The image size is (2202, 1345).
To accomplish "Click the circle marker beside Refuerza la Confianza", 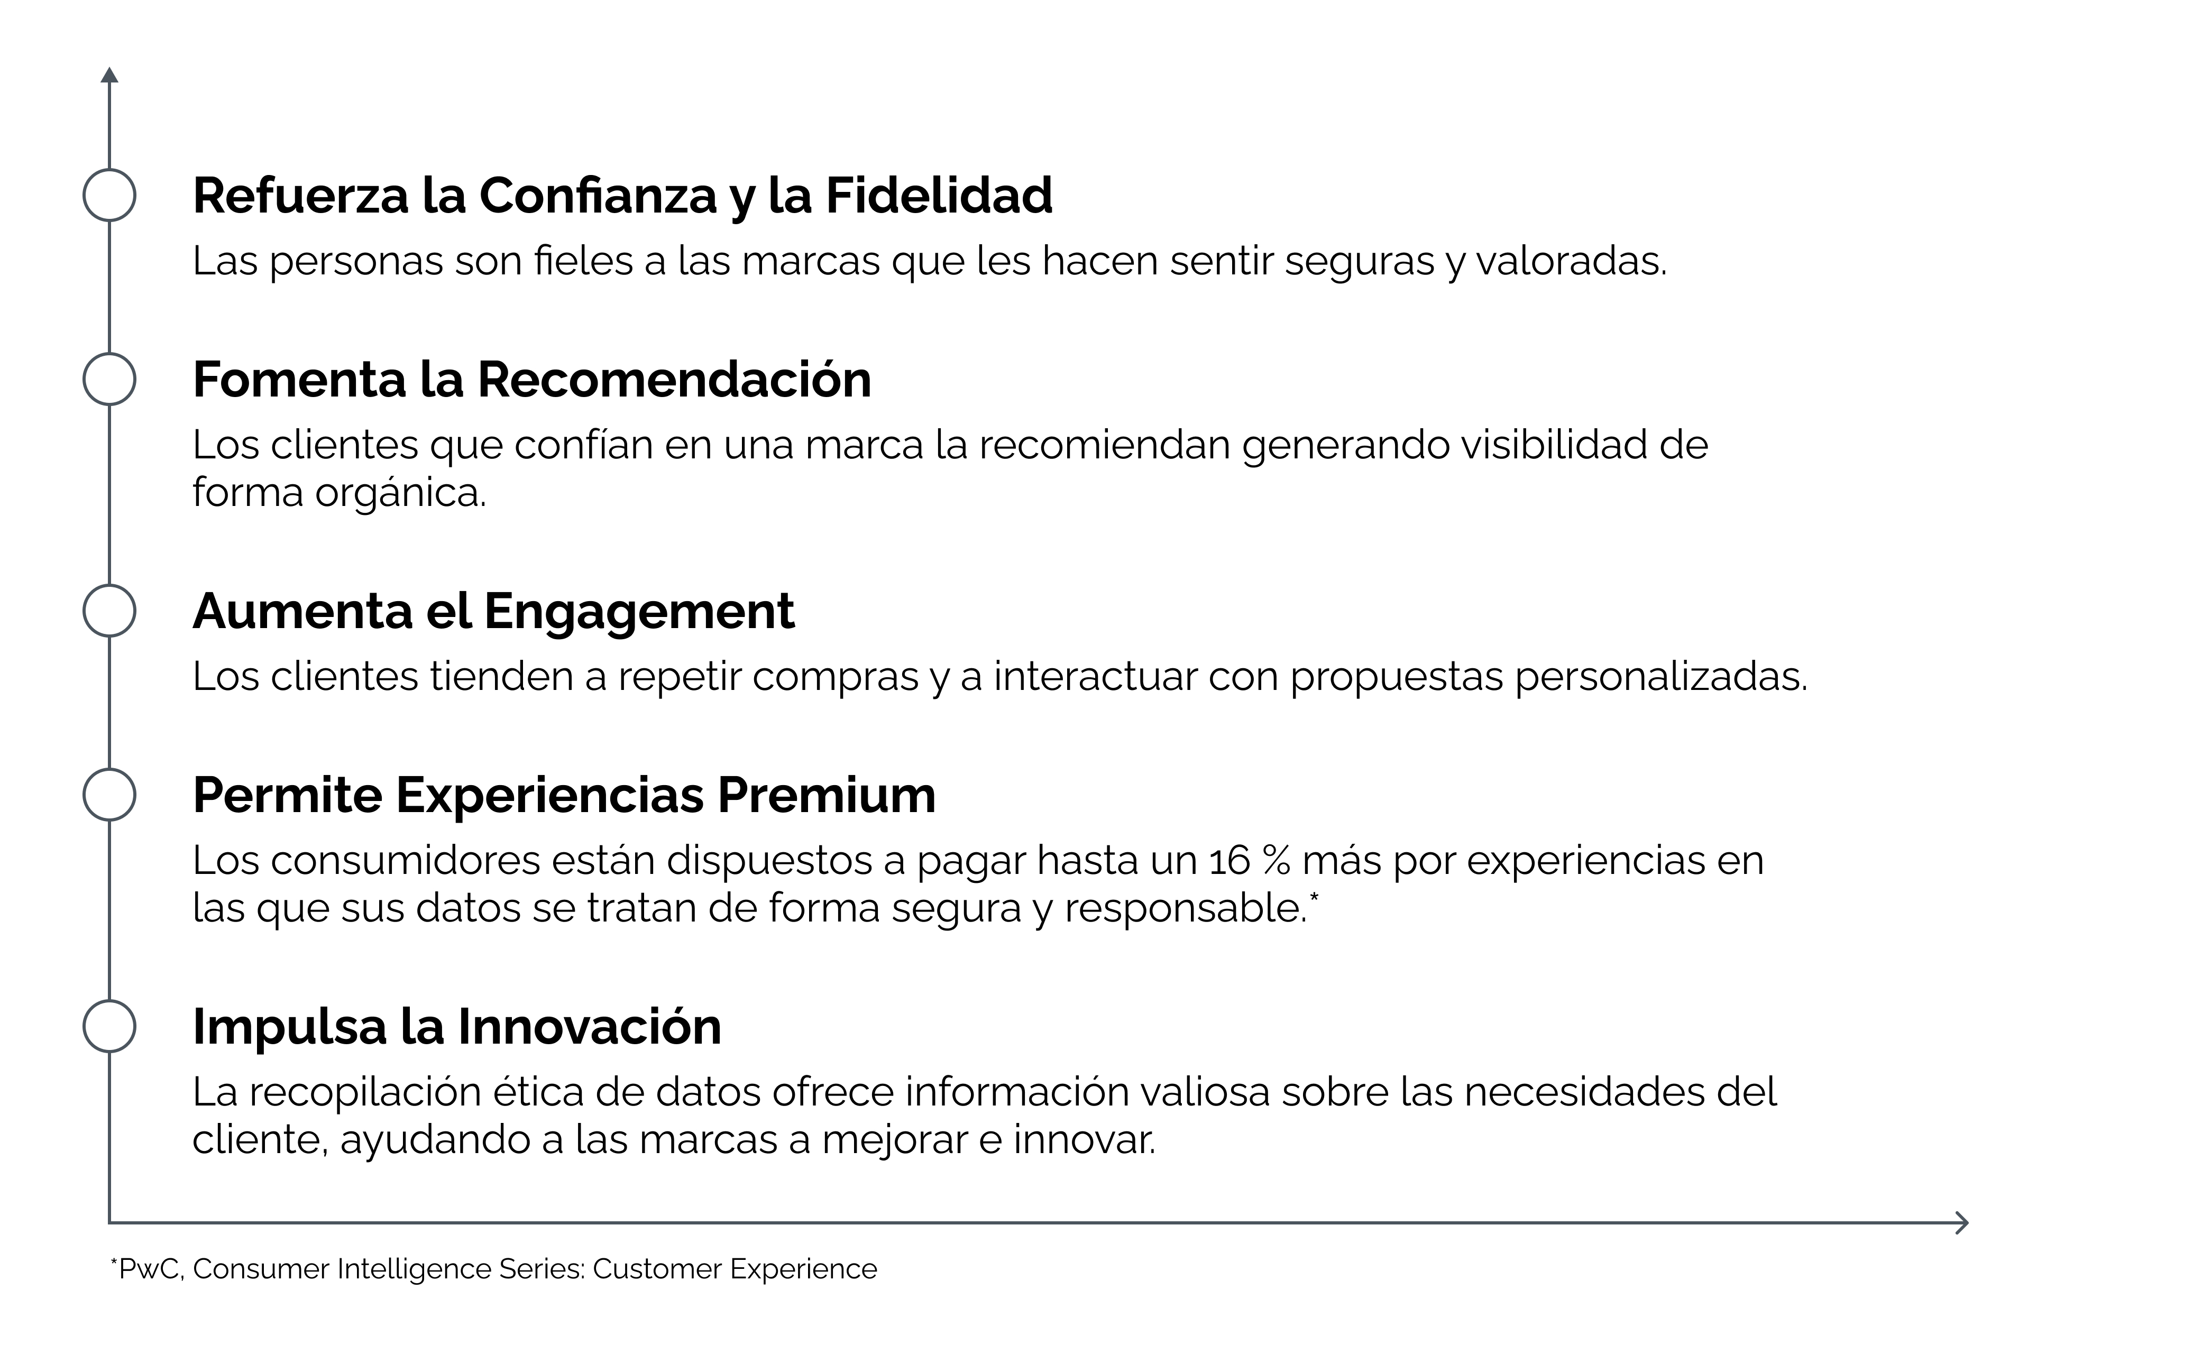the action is tap(84, 195).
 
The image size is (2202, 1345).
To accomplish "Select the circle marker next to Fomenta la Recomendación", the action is tap(84, 379).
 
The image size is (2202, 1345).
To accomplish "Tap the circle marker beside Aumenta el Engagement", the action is tap(84, 611).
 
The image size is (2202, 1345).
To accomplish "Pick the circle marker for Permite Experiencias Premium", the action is tap(84, 795).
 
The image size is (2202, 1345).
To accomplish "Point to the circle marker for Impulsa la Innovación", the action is tap(84, 1026).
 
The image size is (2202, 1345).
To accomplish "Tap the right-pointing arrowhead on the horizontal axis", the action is tap(1962, 1222).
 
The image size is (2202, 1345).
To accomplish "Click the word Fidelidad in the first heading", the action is tap(938, 195).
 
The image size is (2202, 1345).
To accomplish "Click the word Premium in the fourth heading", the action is tap(827, 795).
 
